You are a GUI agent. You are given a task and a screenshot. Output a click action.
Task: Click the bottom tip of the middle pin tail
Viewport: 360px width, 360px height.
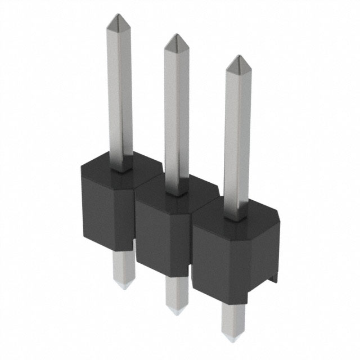pyautogui.click(x=177, y=311)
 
